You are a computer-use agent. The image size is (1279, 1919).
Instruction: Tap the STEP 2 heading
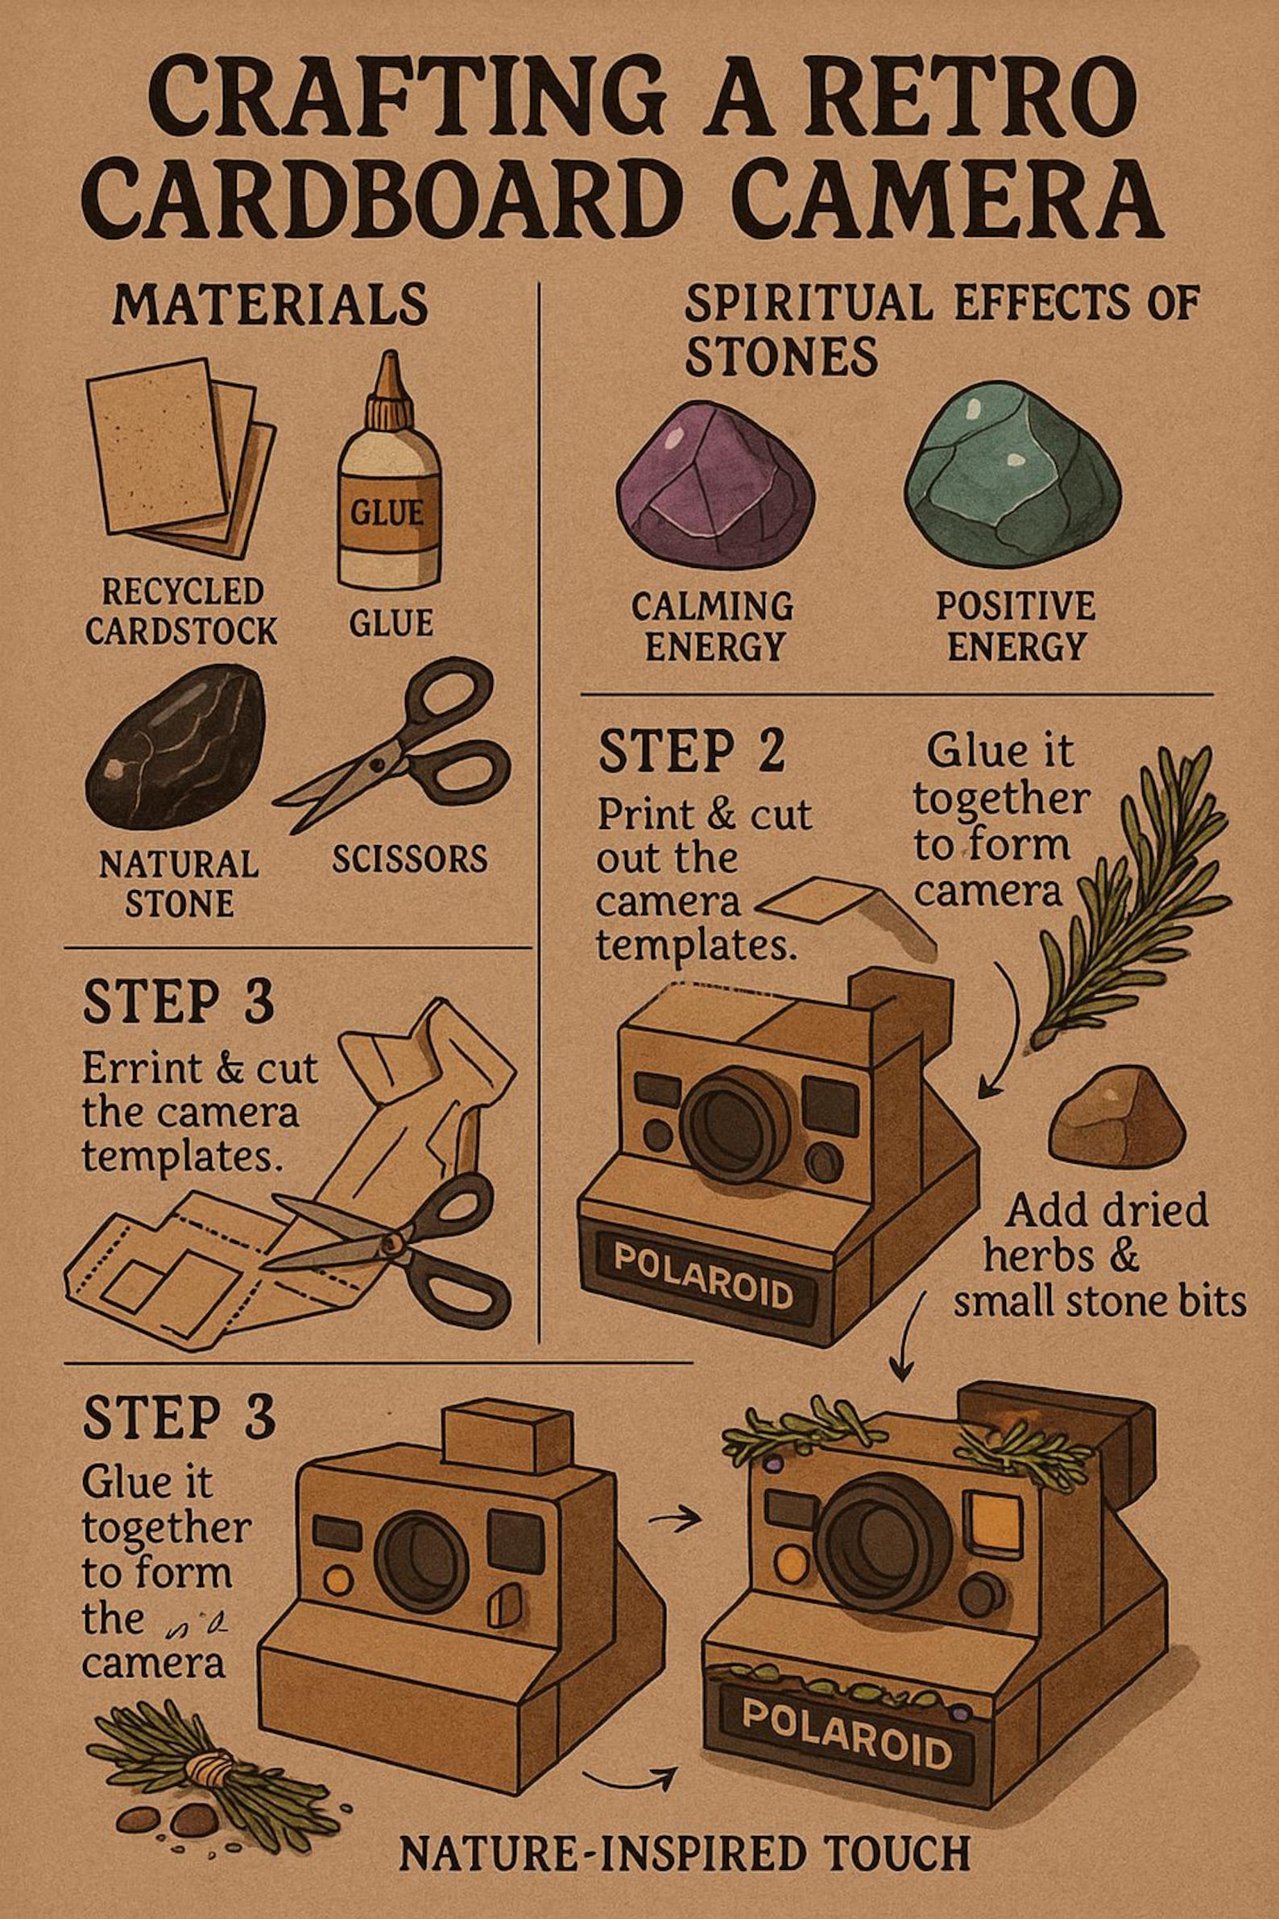click(691, 752)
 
